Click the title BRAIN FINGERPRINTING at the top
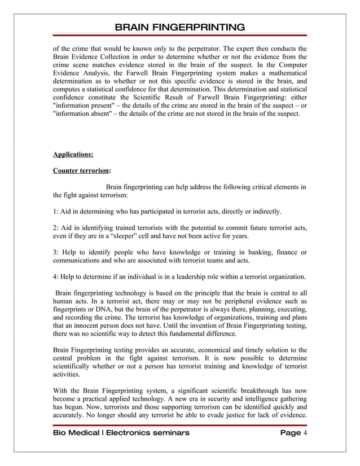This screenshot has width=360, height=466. [x=180, y=28]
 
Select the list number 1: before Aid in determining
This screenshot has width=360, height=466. [x=57, y=212]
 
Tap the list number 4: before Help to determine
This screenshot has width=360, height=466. [x=57, y=276]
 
